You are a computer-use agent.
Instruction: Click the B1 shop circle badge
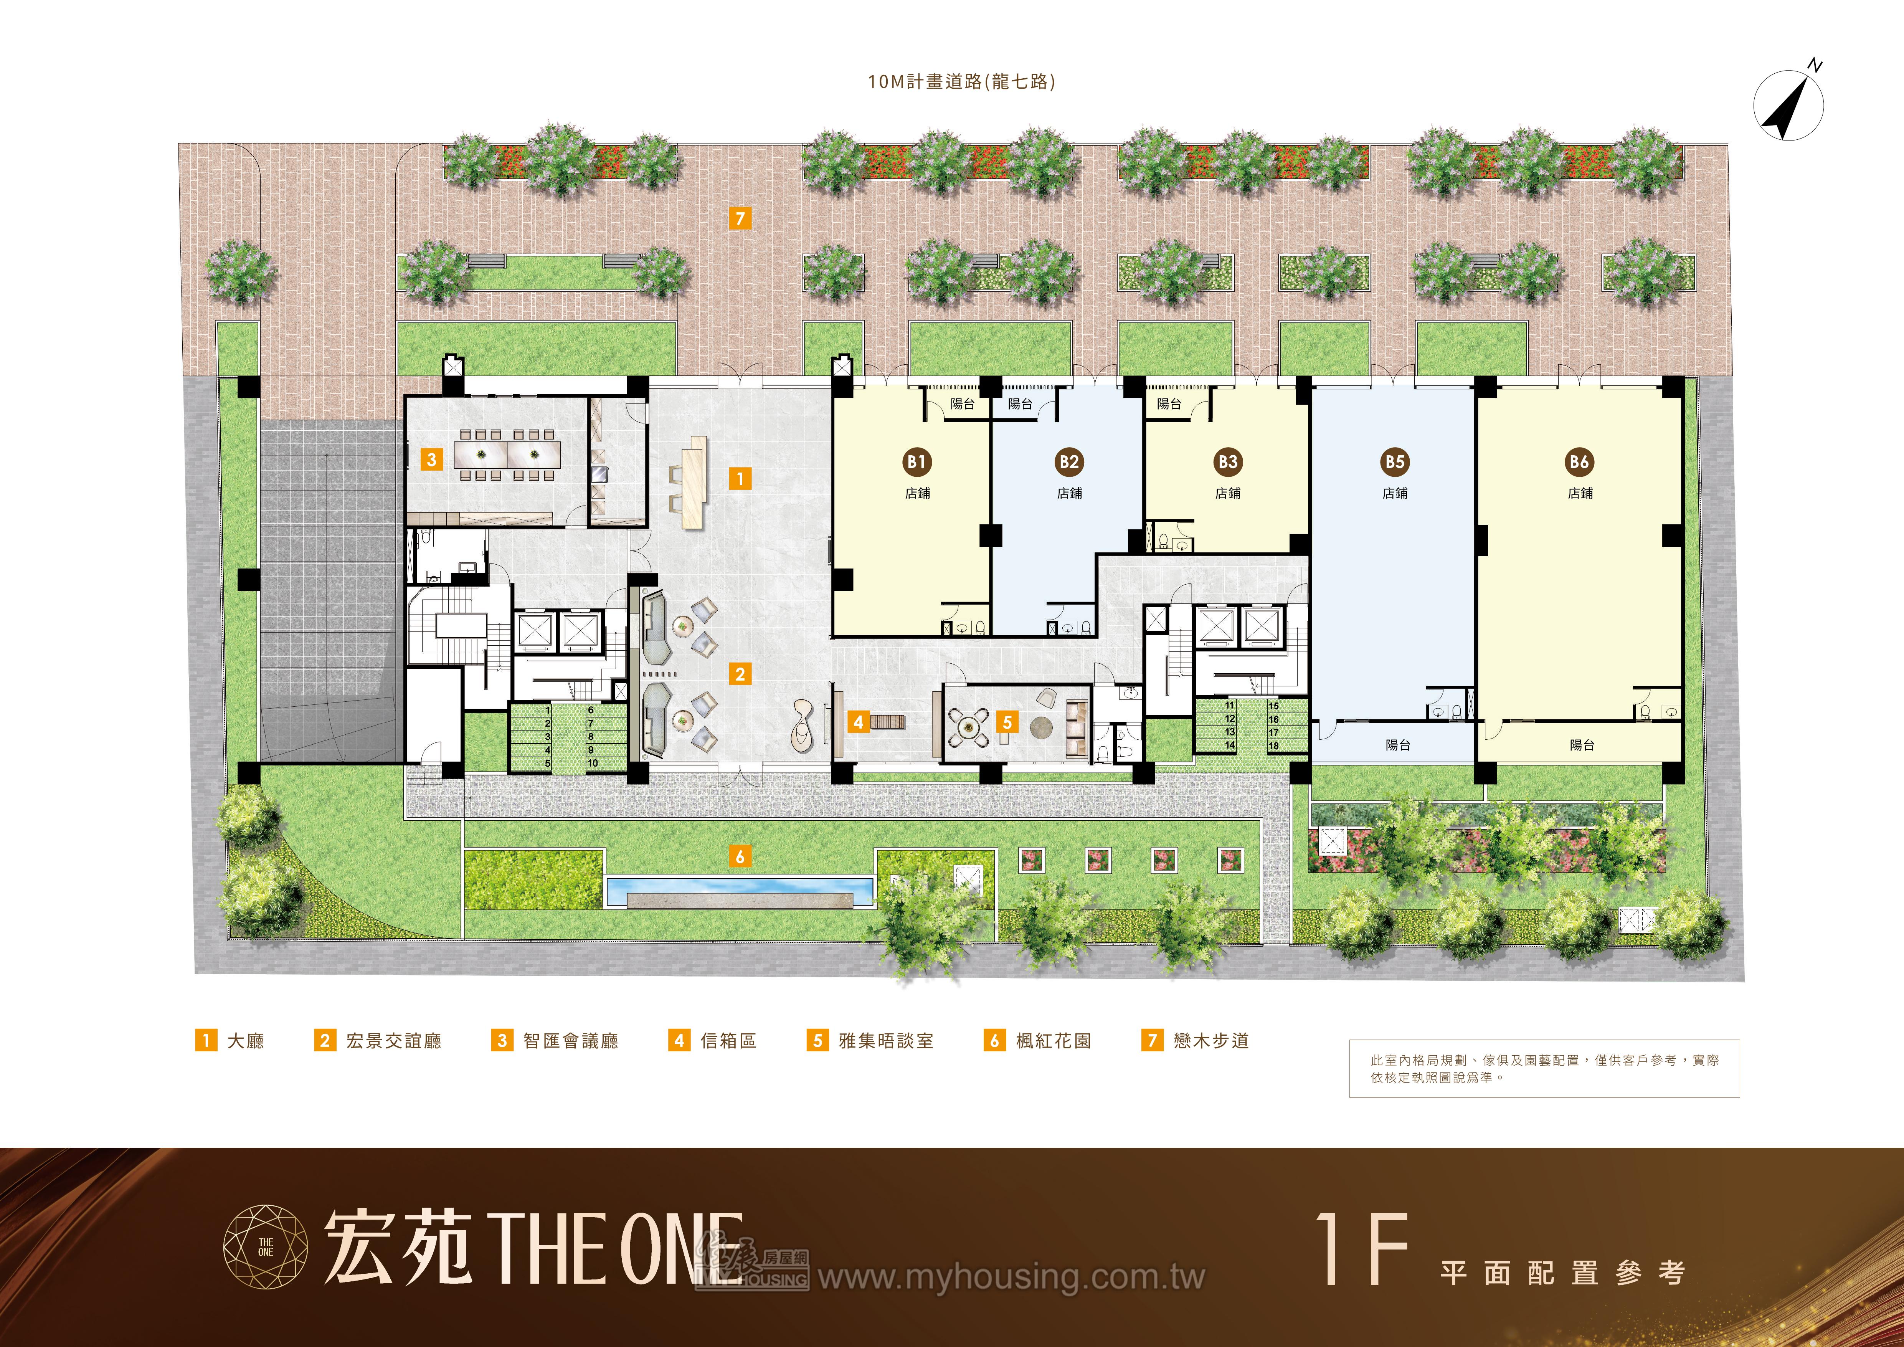(916, 462)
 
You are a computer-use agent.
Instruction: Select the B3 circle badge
(1227, 462)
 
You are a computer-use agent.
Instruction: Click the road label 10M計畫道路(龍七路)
(961, 81)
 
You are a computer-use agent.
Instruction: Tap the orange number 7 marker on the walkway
(740, 218)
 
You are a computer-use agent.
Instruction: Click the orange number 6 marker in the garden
(740, 856)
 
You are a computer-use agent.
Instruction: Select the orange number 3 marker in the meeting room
(431, 459)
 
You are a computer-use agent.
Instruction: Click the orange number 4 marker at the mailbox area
(858, 722)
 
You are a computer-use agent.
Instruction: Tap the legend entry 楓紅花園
(1037, 1040)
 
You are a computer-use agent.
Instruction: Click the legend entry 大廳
(230, 1040)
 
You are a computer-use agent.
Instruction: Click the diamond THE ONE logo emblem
(265, 1247)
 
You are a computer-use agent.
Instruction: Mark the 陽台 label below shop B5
(1397, 745)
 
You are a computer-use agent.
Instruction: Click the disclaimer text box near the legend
(1544, 1068)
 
